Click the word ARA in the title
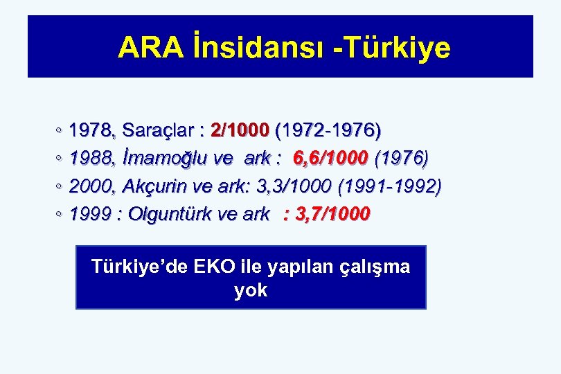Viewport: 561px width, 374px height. point(150,48)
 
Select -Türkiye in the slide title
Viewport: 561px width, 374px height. point(392,48)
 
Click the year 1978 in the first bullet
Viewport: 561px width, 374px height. point(93,130)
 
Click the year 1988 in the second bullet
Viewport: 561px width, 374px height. point(93,159)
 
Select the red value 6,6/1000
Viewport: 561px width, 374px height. point(330,159)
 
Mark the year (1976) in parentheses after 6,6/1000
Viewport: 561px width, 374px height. point(401,159)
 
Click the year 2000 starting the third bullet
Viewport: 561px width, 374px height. point(93,186)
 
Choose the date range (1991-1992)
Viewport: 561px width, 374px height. point(389,186)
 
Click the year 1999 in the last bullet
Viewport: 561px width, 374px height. point(93,214)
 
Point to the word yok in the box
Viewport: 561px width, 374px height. point(251,290)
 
